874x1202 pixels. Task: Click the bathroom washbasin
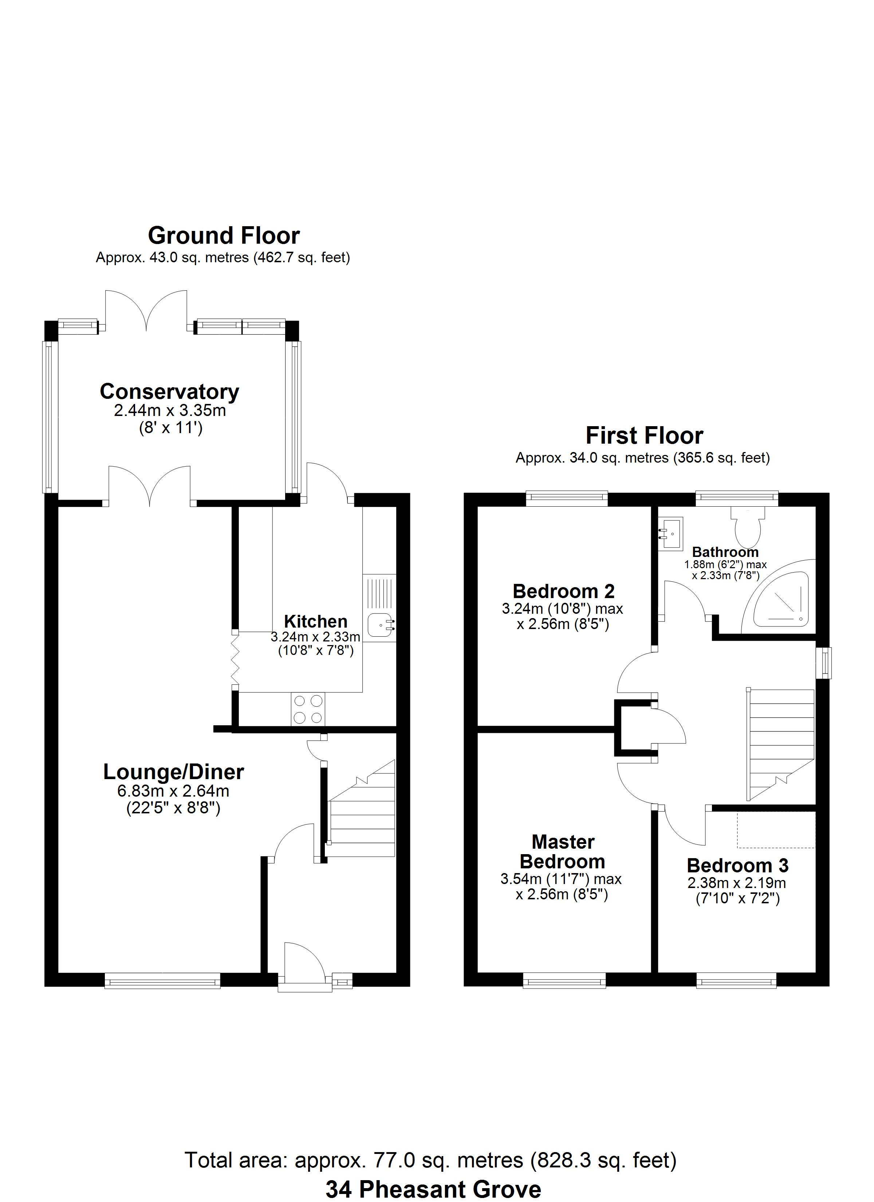click(670, 534)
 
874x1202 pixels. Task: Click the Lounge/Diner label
click(173, 772)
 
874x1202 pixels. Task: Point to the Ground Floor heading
click(224, 235)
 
